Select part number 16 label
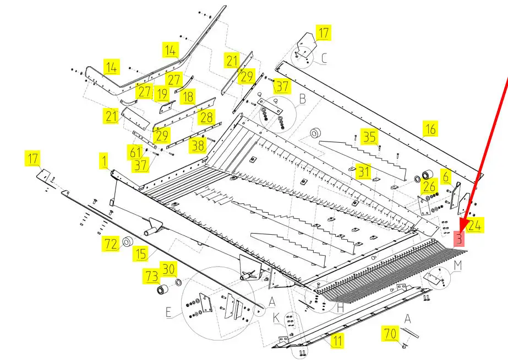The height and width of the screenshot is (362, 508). tap(430, 129)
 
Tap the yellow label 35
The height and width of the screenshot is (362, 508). tap(369, 137)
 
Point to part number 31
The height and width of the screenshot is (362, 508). tap(363, 171)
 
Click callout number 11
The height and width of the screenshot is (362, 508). tap(336, 341)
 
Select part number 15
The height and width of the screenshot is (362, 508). tap(141, 253)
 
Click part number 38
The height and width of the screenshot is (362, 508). tap(197, 145)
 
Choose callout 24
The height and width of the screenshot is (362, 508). tap(476, 224)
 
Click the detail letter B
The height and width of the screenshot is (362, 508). tap(302, 99)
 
